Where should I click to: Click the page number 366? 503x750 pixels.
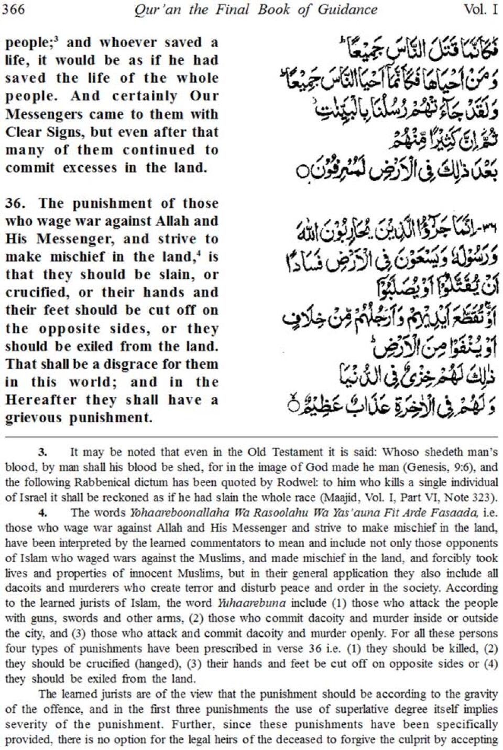(x=13, y=9)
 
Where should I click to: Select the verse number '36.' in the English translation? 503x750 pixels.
(x=16, y=203)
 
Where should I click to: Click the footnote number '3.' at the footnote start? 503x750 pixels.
(x=43, y=452)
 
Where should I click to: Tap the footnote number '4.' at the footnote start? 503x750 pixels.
(x=43, y=513)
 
